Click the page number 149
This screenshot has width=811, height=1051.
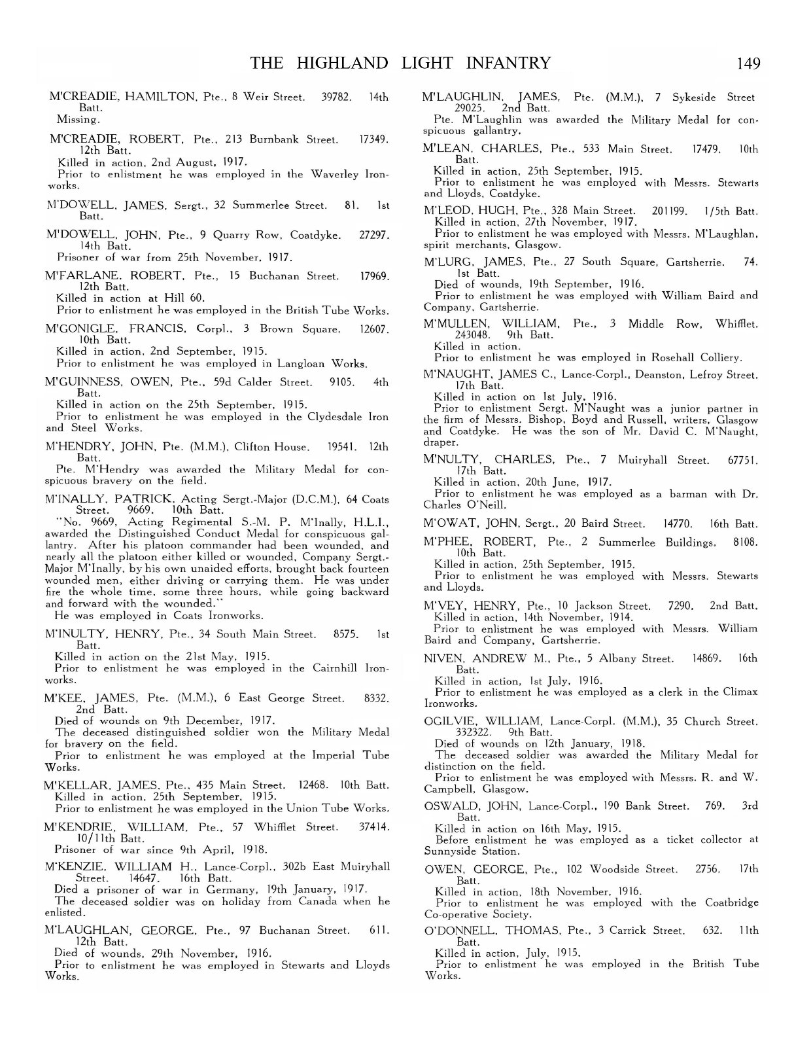tap(748, 63)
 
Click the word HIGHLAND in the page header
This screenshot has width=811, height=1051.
tap(341, 63)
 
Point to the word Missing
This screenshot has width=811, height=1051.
tap(78, 120)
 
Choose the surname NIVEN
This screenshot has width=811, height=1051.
tap(440, 658)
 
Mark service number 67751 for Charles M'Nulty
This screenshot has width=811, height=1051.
tap(742, 459)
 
